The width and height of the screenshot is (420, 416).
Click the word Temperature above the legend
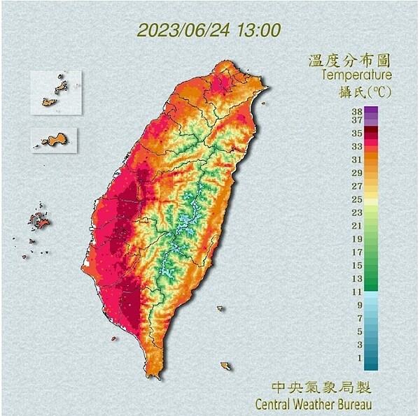click(x=356, y=75)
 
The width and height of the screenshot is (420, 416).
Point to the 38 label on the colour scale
click(x=356, y=110)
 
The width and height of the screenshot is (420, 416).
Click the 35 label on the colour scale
click(x=356, y=133)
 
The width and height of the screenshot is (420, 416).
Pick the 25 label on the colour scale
click(x=356, y=200)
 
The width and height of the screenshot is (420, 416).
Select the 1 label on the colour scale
click(x=358, y=358)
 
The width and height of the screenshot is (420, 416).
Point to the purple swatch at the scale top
click(x=371, y=110)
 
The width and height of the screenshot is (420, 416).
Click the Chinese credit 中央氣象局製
click(x=321, y=387)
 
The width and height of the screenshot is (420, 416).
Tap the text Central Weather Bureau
click(x=313, y=403)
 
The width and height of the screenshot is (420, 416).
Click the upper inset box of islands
click(x=55, y=92)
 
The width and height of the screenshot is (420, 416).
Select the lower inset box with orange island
click(x=55, y=139)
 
